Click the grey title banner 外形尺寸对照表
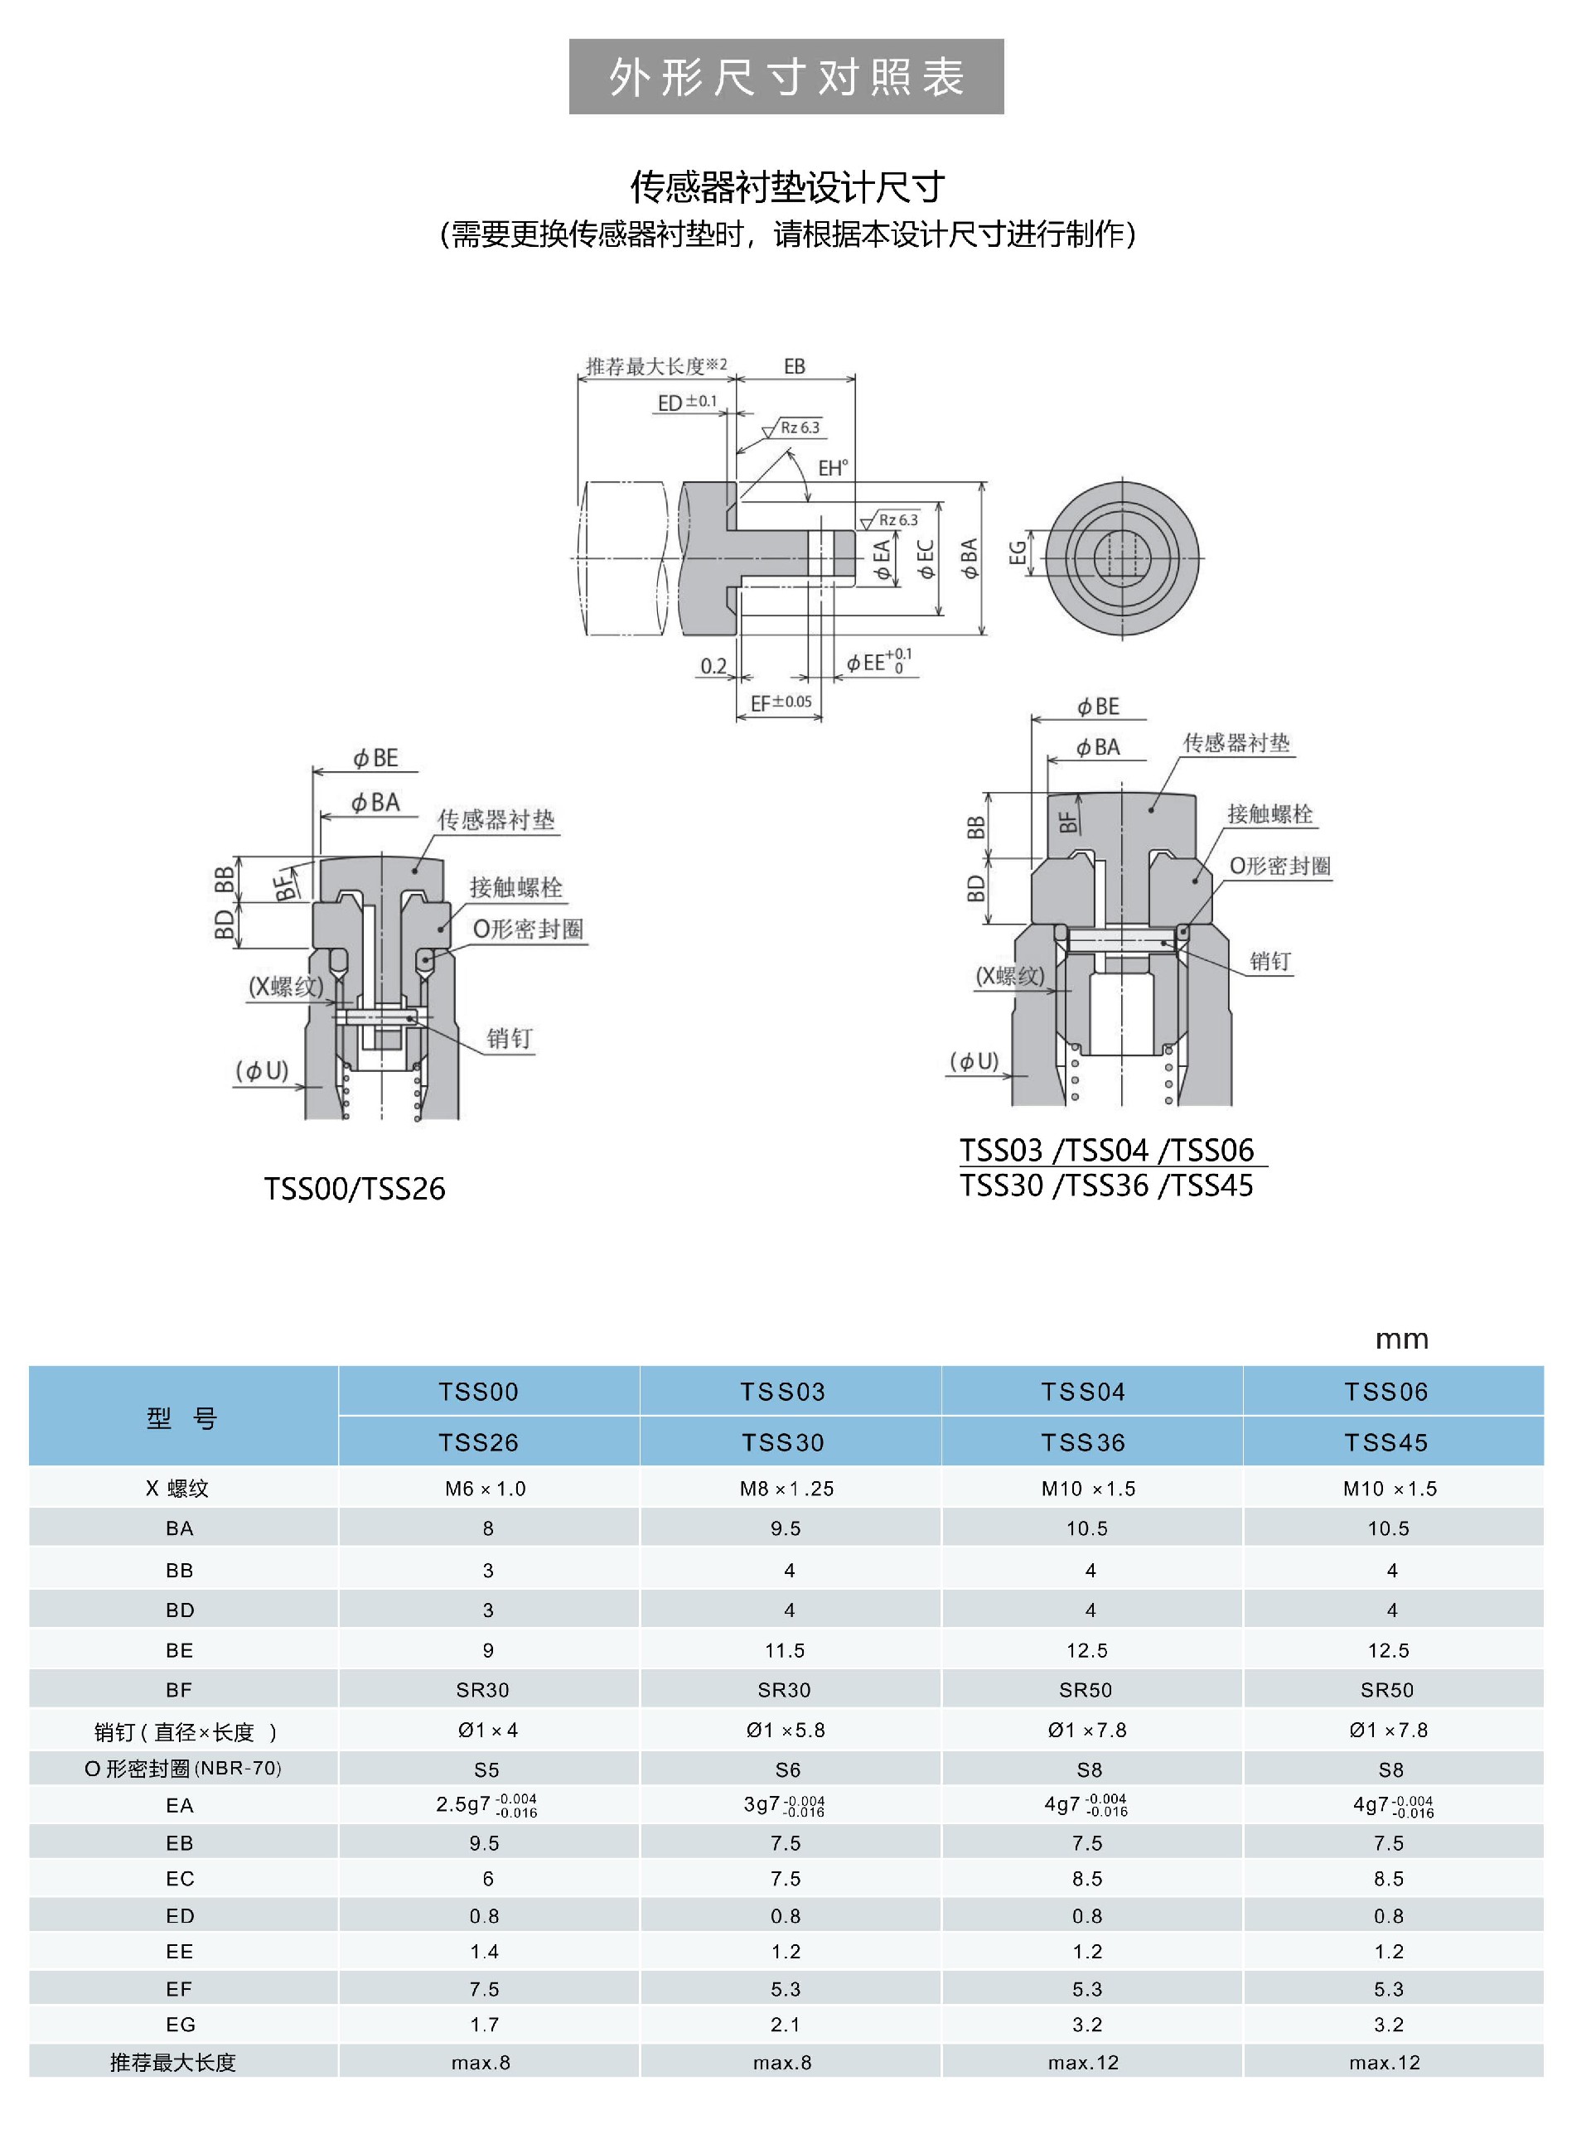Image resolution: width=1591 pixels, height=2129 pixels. (x=786, y=77)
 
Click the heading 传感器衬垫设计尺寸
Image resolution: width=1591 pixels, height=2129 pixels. (x=787, y=186)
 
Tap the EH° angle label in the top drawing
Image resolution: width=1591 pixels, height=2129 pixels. (x=834, y=469)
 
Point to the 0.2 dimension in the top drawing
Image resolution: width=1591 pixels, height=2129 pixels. (x=713, y=666)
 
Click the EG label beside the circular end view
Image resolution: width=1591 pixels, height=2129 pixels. (x=1018, y=553)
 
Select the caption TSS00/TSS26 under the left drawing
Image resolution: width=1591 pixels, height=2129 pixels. (x=354, y=1190)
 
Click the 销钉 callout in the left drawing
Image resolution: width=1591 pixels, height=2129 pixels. (x=509, y=1039)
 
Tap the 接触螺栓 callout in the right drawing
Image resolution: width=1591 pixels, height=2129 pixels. (x=1269, y=814)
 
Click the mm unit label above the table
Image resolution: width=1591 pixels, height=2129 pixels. (x=1401, y=1339)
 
